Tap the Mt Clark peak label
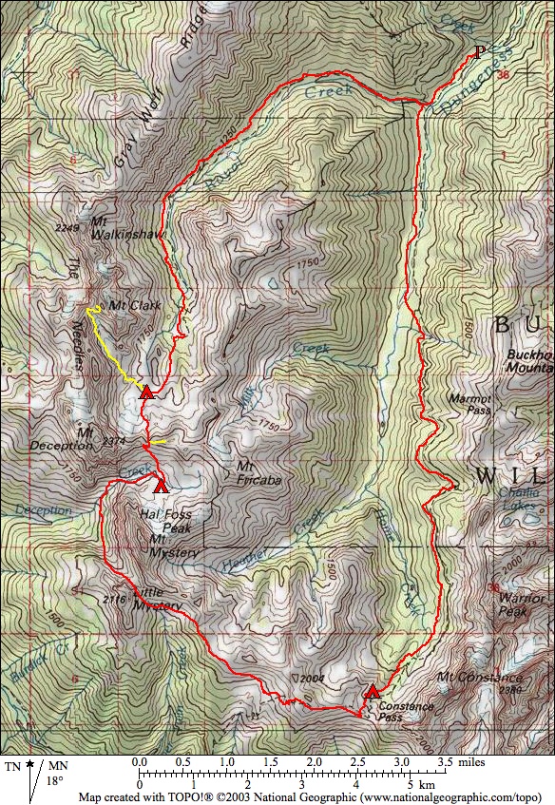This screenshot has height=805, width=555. pos(134,305)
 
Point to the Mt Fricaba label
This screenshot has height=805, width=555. pos(258,473)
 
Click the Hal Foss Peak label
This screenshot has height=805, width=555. pos(165,520)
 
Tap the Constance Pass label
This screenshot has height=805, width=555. pos(405,712)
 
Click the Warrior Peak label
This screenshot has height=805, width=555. pos(522,605)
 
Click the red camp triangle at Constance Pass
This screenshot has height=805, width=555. pos(373,692)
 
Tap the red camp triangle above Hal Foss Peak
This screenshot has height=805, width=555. pos(161,487)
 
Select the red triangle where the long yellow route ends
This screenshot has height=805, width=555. pos(146,392)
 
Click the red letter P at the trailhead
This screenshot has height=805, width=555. pos(479,52)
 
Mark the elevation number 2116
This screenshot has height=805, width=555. pos(112,600)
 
